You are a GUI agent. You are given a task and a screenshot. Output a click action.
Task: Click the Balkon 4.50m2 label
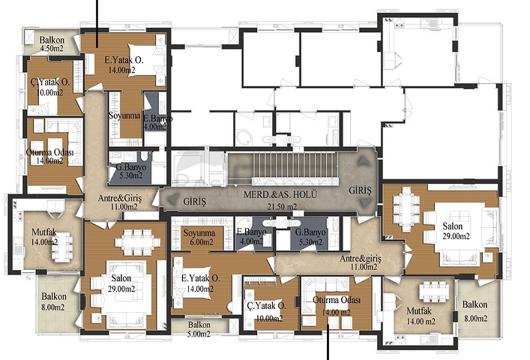point(52,44)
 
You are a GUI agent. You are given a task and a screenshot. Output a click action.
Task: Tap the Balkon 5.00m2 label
point(199,329)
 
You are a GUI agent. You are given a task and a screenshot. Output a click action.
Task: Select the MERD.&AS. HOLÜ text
point(280,195)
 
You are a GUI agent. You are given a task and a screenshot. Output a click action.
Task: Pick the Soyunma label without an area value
point(124,115)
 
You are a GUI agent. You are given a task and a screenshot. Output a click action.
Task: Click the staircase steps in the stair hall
point(295,164)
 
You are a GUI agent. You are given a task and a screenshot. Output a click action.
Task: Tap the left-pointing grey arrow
point(172,199)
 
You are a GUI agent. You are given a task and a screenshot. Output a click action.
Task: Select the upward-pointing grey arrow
point(364,160)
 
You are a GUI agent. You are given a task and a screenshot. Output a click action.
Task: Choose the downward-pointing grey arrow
point(364,202)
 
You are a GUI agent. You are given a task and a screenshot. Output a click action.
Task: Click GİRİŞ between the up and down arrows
point(360,190)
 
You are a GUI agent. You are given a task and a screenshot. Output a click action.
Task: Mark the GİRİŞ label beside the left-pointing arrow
point(194,202)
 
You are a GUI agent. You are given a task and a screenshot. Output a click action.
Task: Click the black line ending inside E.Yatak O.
point(98,23)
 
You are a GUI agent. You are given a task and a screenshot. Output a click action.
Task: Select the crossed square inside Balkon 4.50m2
point(28,36)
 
